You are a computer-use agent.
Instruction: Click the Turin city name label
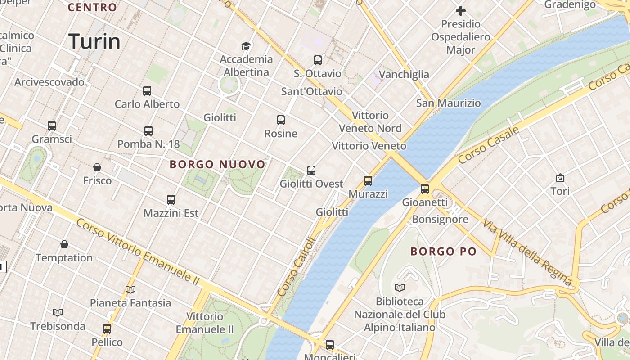pyautogui.click(x=94, y=41)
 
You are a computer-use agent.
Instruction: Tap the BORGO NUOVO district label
pyautogui.click(x=218, y=165)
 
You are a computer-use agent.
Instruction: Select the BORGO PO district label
pyautogui.click(x=443, y=251)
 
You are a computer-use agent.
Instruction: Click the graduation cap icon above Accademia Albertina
pyautogui.click(x=246, y=46)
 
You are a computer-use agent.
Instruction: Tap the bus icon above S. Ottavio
pyautogui.click(x=318, y=60)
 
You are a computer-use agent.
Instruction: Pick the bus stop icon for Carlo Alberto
pyautogui.click(x=147, y=91)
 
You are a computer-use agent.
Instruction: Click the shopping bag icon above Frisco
pyautogui.click(x=97, y=167)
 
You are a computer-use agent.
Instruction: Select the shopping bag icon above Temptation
pyautogui.click(x=64, y=244)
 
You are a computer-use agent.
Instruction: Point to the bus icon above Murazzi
pyautogui.click(x=368, y=181)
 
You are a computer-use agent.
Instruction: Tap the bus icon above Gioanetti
pyautogui.click(x=425, y=189)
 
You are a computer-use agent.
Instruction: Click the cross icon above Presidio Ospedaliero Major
pyautogui.click(x=461, y=10)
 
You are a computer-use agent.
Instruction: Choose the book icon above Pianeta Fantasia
pyautogui.click(x=130, y=289)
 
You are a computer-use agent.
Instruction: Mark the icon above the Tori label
pyautogui.click(x=560, y=178)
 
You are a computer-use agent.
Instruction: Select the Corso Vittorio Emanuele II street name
pyautogui.click(x=138, y=252)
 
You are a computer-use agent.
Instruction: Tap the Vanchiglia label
pyautogui.click(x=404, y=74)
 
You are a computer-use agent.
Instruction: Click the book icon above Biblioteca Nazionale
pyautogui.click(x=400, y=288)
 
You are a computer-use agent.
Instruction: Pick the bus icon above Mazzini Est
pyautogui.click(x=171, y=199)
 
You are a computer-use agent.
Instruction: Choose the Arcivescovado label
pyautogui.click(x=49, y=82)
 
